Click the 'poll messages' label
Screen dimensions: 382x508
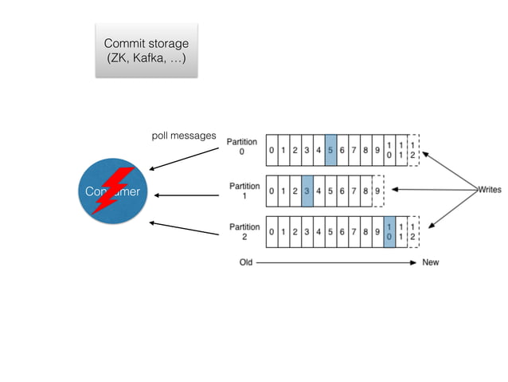click(183, 136)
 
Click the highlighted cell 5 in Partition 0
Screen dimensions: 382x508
click(330, 149)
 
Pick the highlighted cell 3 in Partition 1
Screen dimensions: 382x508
click(307, 191)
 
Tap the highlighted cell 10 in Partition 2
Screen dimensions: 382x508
click(389, 232)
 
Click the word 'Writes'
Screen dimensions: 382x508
click(489, 190)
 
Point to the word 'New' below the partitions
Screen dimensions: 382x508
click(431, 262)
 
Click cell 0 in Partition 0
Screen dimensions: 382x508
click(272, 149)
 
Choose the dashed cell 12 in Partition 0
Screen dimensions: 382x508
click(412, 149)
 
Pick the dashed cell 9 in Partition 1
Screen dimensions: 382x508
click(377, 191)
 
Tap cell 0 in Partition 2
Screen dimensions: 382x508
click(272, 232)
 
